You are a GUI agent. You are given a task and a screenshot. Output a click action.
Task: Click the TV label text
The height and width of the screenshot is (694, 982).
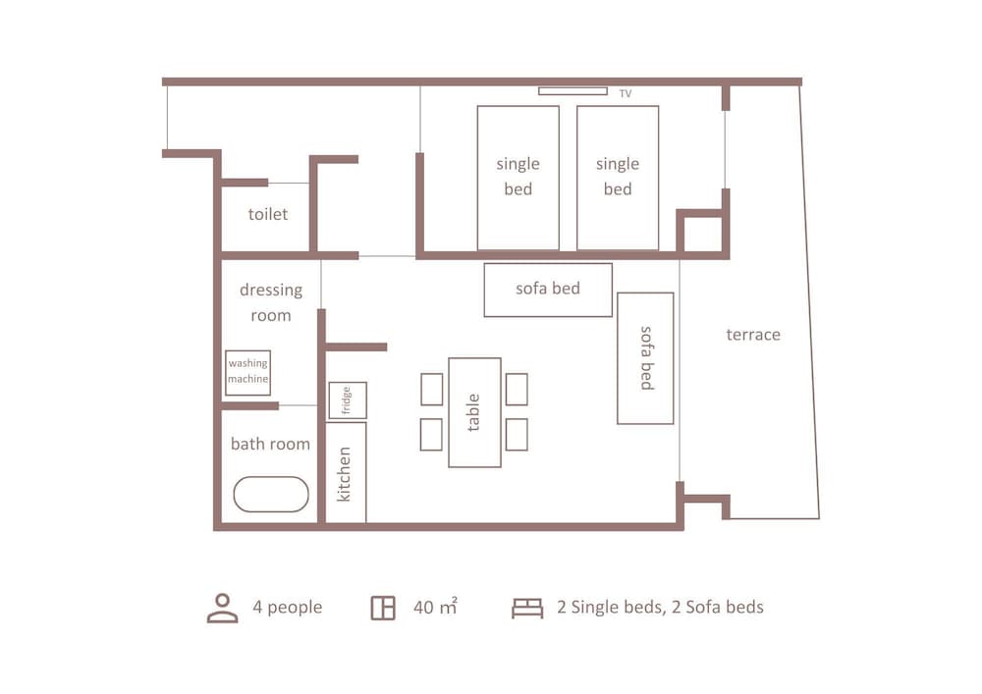pyautogui.click(x=626, y=94)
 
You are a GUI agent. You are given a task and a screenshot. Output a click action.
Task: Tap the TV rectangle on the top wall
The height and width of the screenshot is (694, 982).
pyautogui.click(x=573, y=91)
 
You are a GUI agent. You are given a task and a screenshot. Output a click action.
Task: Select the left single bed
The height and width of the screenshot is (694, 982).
pyautogui.click(x=518, y=178)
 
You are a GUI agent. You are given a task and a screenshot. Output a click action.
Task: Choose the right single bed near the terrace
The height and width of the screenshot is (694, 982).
pyautogui.click(x=617, y=178)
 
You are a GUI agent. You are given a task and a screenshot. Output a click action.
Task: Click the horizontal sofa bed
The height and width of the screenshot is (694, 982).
pyautogui.click(x=548, y=290)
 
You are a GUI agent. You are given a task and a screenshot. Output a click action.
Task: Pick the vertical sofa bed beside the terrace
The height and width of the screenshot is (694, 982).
pyautogui.click(x=645, y=358)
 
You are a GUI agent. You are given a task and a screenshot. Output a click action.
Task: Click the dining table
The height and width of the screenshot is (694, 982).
pyautogui.click(x=474, y=412)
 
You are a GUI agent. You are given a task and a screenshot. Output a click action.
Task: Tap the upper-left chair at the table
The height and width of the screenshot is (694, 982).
pyautogui.click(x=432, y=389)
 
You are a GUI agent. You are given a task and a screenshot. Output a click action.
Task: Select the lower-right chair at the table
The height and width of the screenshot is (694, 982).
pyautogui.click(x=517, y=434)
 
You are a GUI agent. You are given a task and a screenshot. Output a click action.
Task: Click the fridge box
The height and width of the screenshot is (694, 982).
pyautogui.click(x=348, y=400)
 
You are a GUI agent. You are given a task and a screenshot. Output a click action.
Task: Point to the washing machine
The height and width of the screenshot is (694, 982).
pyautogui.click(x=247, y=372)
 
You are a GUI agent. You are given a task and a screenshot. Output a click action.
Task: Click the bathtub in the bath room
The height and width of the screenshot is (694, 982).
pyautogui.click(x=271, y=494)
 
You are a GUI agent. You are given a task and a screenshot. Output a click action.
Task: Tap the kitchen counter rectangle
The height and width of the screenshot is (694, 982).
pyautogui.click(x=346, y=472)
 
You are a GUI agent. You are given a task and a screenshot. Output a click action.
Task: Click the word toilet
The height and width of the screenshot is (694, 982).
pyautogui.click(x=268, y=213)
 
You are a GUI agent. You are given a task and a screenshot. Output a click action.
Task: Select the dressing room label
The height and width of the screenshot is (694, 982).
pyautogui.click(x=270, y=302)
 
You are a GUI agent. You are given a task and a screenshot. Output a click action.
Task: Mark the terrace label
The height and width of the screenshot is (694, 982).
pyautogui.click(x=753, y=335)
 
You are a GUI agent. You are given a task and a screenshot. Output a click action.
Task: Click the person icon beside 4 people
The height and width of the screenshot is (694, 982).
pyautogui.click(x=222, y=608)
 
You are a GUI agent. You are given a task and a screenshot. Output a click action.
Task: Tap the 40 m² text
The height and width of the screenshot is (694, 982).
pyautogui.click(x=435, y=608)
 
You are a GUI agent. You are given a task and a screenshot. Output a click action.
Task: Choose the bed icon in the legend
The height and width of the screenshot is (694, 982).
pyautogui.click(x=527, y=609)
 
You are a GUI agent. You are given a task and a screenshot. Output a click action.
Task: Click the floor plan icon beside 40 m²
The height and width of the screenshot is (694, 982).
pyautogui.click(x=383, y=609)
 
